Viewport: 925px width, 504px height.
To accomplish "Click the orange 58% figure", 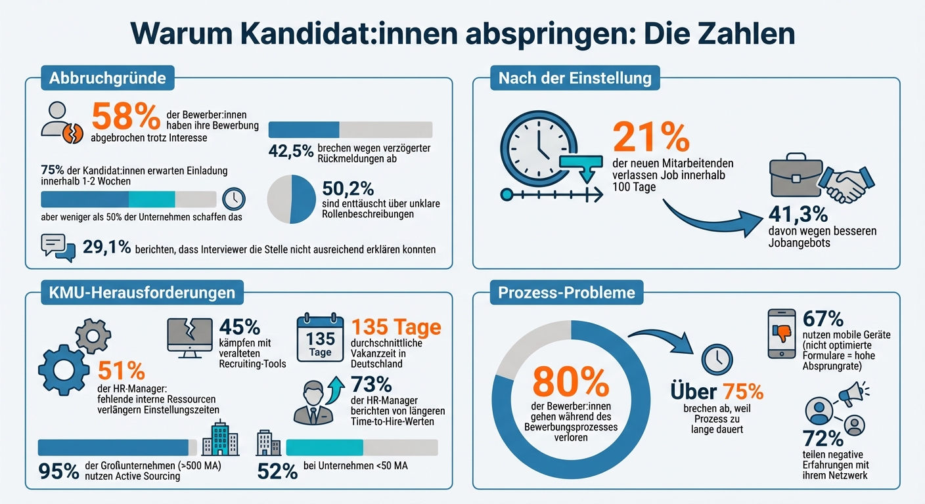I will (125, 115).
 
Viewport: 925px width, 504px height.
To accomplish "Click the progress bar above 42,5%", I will (350, 129).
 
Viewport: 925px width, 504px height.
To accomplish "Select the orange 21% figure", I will (650, 136).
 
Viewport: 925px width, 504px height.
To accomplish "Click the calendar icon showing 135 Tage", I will (320, 337).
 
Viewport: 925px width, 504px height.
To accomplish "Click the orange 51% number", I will (121, 371).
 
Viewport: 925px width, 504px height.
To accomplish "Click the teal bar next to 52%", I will (325, 448).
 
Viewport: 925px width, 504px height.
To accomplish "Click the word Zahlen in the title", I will (744, 34).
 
